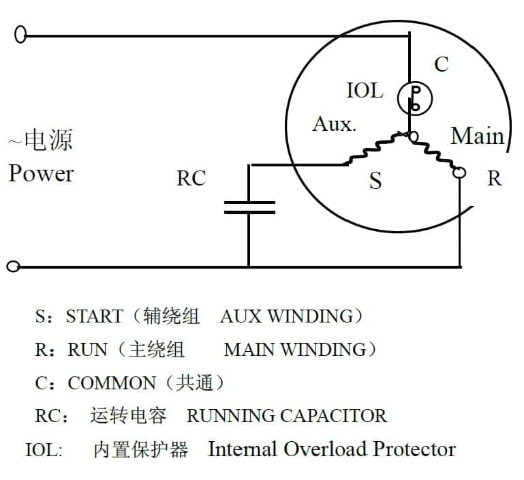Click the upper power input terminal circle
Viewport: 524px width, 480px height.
click(x=20, y=34)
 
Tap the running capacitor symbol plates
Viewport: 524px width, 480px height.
click(x=249, y=207)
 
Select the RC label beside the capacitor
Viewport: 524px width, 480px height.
click(x=191, y=179)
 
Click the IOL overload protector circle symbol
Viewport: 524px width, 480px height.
click(x=414, y=98)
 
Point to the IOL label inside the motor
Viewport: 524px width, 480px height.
click(x=365, y=91)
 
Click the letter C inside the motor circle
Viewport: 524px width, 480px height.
click(x=442, y=64)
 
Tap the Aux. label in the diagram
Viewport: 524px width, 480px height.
click(x=334, y=125)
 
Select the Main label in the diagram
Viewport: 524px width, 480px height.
click(x=477, y=136)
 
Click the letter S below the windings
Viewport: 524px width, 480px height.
click(x=375, y=181)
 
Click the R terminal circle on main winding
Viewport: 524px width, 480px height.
click(x=460, y=173)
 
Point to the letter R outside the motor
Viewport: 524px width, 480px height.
click(x=494, y=179)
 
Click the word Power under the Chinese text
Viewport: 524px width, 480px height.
click(x=41, y=173)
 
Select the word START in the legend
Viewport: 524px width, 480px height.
click(x=94, y=317)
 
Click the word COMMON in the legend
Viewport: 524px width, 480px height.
click(x=112, y=383)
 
